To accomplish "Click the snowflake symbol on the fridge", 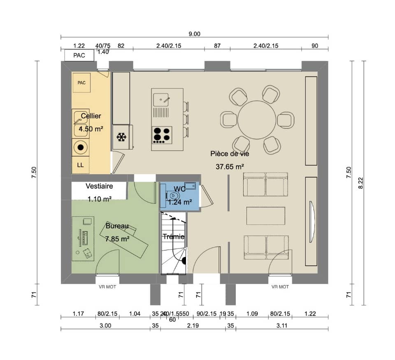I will (121, 137).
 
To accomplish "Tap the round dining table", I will (257, 120).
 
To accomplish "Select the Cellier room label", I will (91, 116).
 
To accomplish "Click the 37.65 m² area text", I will (230, 166).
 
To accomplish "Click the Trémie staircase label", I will (173, 236).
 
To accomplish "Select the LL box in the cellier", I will (80, 165).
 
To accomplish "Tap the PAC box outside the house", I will (79, 55).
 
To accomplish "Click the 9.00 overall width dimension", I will (194, 34).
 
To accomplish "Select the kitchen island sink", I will (161, 99).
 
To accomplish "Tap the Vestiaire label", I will (99, 186).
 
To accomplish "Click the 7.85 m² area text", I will (117, 238).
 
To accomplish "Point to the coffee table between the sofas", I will (265, 215).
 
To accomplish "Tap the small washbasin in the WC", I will (190, 185).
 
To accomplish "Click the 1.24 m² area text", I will (180, 202).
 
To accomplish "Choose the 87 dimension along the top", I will (218, 46).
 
